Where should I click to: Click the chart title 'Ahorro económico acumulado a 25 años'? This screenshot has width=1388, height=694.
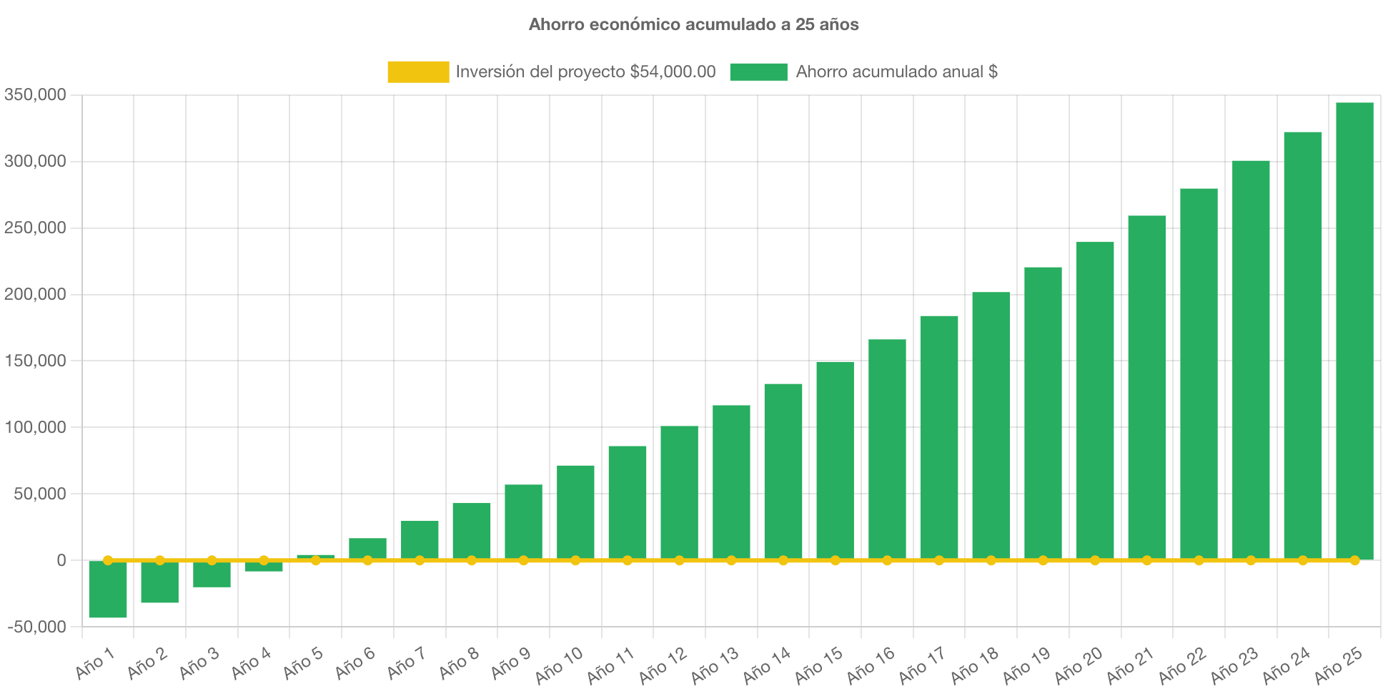(693, 24)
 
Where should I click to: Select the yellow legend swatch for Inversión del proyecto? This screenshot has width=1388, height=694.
(418, 72)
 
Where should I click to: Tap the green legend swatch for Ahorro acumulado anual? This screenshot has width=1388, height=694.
(758, 72)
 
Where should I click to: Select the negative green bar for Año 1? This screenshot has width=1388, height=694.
(108, 590)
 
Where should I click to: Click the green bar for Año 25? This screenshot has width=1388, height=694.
(1354, 329)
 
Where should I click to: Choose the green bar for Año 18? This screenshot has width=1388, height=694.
(991, 425)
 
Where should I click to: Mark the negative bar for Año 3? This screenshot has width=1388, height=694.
(212, 575)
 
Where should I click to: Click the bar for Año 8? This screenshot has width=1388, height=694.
(472, 531)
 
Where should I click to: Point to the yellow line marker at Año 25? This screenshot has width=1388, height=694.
(1354, 560)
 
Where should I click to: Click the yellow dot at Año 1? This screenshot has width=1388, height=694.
(108, 560)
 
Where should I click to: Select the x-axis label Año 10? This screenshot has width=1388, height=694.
(560, 665)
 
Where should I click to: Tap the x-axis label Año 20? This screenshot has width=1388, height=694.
(1079, 665)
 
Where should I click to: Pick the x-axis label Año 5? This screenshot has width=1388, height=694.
(303, 663)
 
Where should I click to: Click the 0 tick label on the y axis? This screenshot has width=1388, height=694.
(61, 560)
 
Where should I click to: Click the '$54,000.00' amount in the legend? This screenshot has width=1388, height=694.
(673, 72)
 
